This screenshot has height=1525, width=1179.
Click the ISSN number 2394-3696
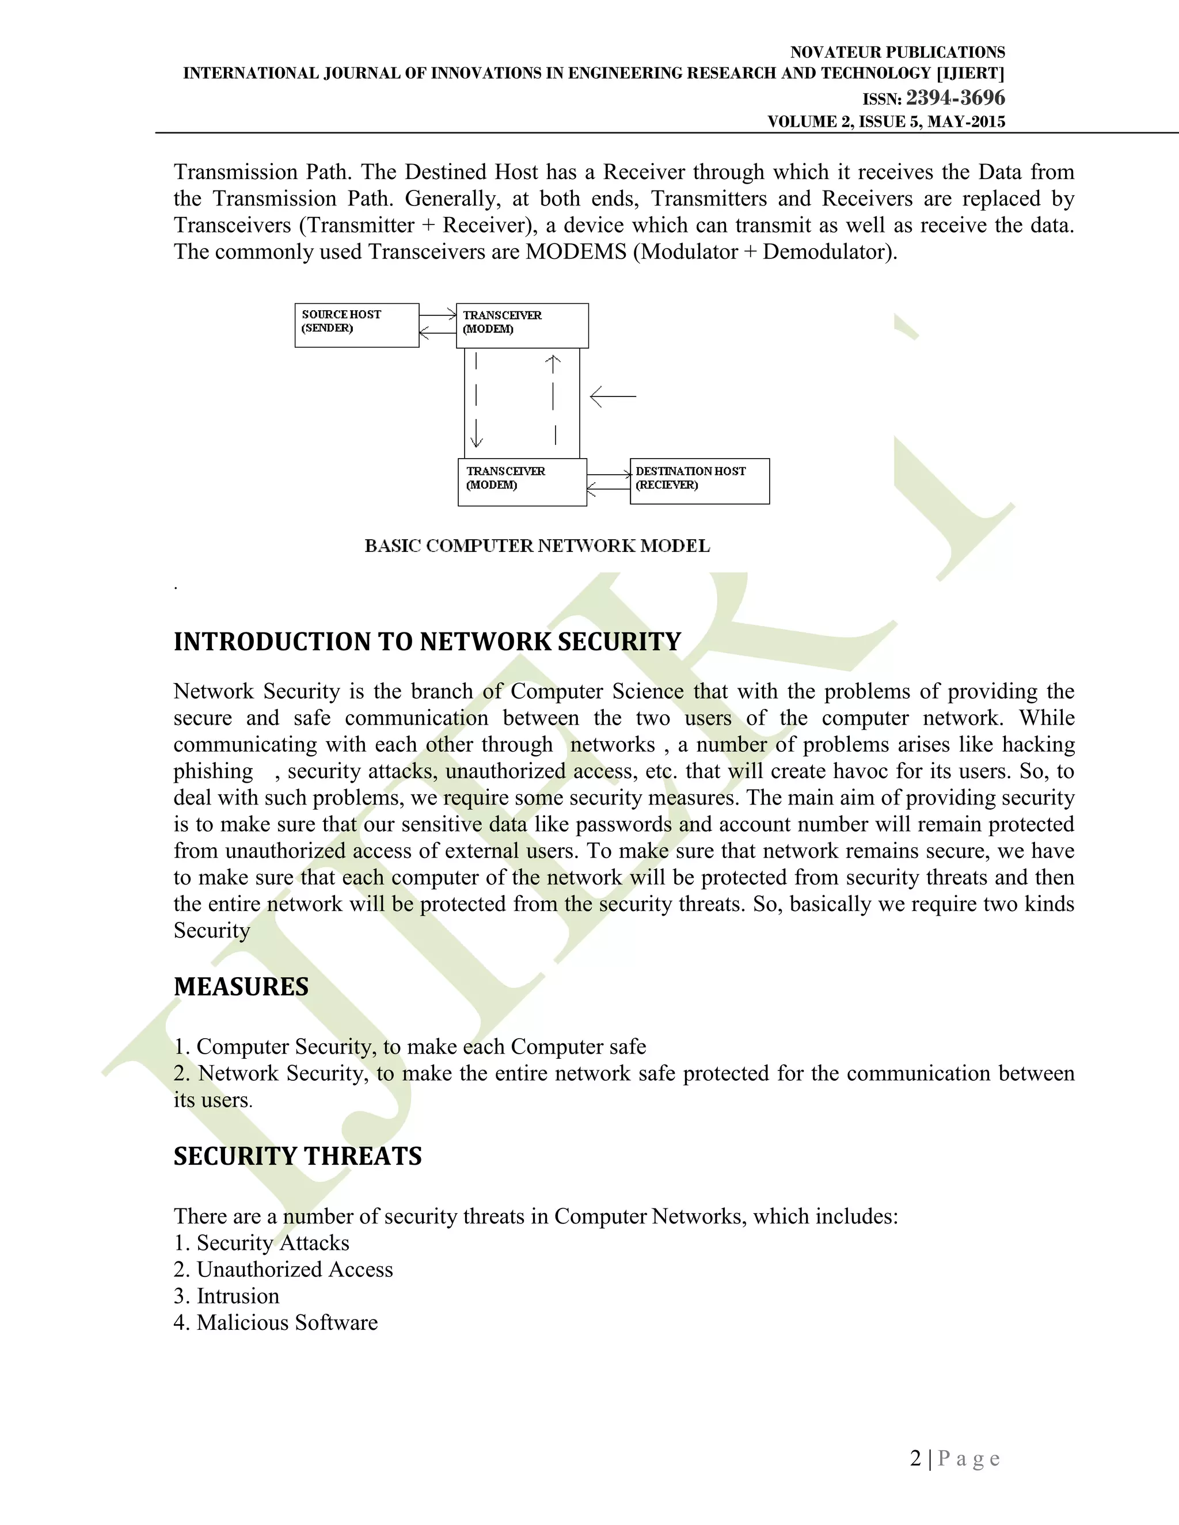point(955,98)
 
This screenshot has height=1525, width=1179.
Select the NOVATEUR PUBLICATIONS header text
point(897,52)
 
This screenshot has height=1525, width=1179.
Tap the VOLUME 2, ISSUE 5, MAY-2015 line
point(885,121)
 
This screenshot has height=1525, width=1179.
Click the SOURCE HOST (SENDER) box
point(356,325)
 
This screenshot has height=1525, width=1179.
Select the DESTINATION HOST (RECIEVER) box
point(699,481)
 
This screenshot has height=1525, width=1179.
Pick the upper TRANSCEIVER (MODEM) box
point(522,325)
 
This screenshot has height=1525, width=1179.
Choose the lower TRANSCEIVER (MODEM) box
point(522,482)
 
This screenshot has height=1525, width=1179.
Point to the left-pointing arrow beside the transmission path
point(613,396)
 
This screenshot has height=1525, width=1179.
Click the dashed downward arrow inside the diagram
point(476,401)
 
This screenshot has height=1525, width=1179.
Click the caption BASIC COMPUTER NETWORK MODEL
point(537,546)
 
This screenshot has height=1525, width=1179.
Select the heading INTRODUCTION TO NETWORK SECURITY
point(427,642)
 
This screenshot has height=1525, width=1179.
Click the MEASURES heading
point(241,986)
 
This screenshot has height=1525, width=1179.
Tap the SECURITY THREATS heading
point(298,1156)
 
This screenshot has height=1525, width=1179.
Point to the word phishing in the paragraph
point(213,771)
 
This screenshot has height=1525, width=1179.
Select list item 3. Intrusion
point(226,1296)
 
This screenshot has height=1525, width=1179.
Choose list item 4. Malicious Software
point(275,1322)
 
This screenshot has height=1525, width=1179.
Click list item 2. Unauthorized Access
point(283,1269)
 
